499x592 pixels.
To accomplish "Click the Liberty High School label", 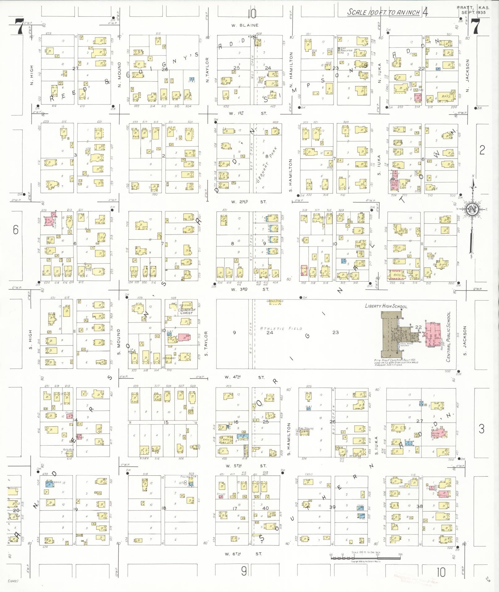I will point(386,306).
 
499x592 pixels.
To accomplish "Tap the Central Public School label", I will point(449,336).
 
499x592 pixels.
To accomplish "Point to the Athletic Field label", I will point(281,328).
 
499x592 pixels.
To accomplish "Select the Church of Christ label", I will point(187,311).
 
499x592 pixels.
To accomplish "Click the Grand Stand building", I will point(275,302).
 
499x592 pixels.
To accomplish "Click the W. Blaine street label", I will point(245,25).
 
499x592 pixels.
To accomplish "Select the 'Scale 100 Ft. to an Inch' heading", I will point(383,12).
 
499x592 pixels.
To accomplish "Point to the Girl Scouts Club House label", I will point(306,430).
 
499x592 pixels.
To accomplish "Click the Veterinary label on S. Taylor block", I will point(169,358).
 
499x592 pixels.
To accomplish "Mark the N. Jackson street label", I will point(467,76).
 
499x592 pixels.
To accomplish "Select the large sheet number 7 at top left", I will point(20,27).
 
